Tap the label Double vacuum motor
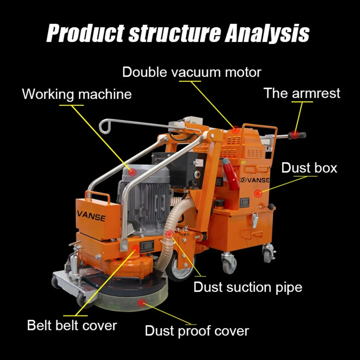192,72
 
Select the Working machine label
77,94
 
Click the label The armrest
302,93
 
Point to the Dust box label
309,168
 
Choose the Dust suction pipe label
248,287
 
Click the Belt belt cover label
72,326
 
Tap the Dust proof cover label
197,331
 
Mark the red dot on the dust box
258,193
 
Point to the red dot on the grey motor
132,172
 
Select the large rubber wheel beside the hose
179,267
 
